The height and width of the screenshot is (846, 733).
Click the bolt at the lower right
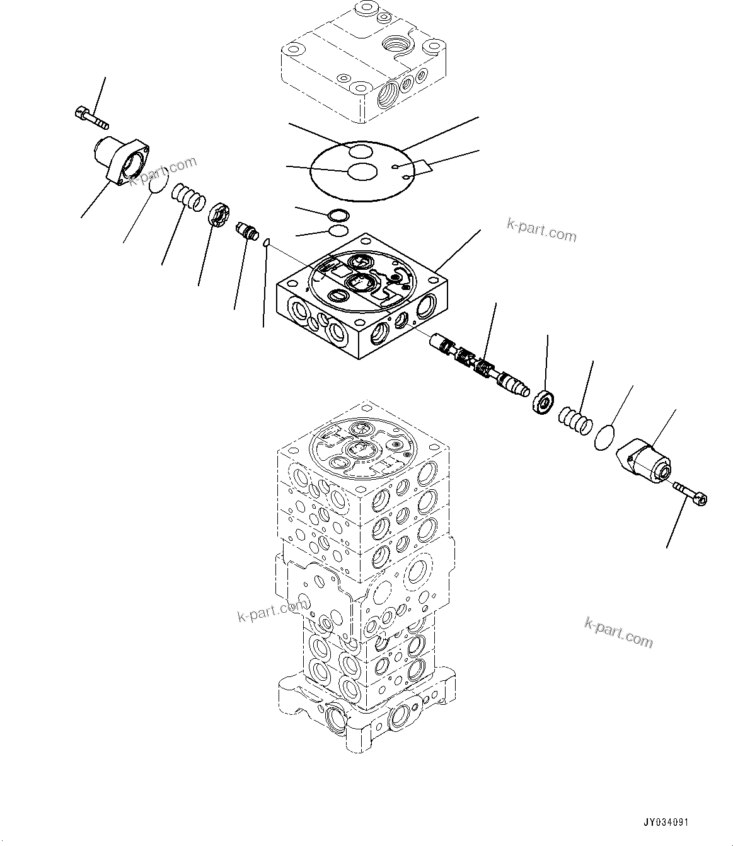click(x=692, y=492)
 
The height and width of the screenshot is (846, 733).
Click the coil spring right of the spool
click(x=575, y=420)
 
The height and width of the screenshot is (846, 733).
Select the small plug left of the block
click(x=245, y=230)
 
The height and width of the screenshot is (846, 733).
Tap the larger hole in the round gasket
click(x=362, y=172)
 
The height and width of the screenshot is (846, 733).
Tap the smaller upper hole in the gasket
click(x=361, y=151)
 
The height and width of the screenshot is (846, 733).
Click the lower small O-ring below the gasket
click(x=338, y=230)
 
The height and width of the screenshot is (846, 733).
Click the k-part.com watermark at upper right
click(x=541, y=231)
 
